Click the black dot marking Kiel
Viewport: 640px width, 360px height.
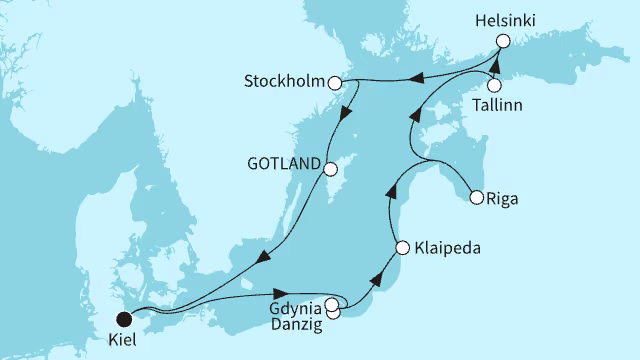point(124,320)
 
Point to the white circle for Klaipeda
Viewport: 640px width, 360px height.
point(402,247)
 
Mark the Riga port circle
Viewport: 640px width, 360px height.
point(477,197)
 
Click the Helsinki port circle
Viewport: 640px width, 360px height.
point(503,41)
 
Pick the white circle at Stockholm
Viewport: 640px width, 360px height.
point(338,83)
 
